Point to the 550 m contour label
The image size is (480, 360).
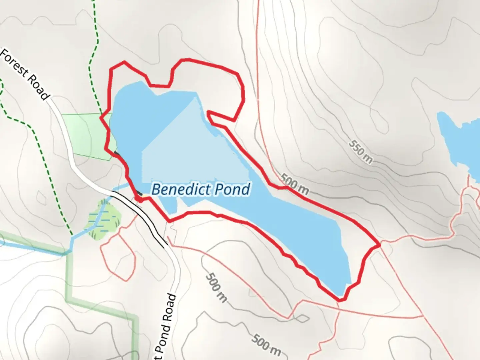(x=361, y=152)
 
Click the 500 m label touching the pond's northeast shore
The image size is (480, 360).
(x=294, y=184)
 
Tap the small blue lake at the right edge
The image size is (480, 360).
(x=462, y=140)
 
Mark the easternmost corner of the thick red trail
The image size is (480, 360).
(x=379, y=245)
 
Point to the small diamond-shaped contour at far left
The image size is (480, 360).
(x=42, y=199)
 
